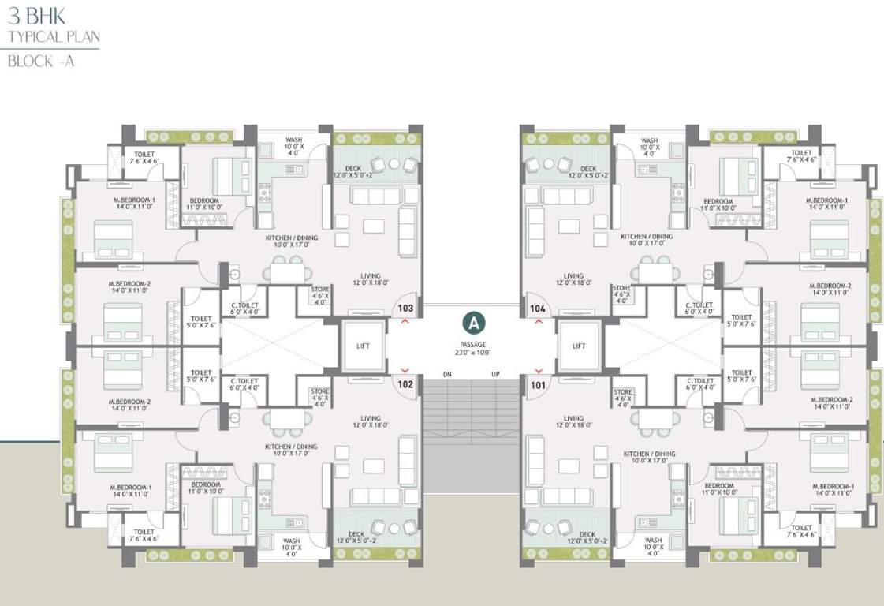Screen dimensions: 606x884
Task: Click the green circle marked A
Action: (472, 322)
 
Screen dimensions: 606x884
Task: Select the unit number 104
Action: (538, 308)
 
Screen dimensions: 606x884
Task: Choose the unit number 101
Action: (538, 385)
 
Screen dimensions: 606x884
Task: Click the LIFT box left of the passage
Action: (363, 346)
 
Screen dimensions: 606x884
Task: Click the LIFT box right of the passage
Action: (580, 346)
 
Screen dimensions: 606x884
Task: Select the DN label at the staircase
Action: (447, 374)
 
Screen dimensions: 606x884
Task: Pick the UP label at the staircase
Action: (495, 374)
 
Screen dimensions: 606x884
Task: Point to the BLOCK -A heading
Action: (40, 62)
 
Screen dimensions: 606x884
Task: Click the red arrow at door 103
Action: (405, 322)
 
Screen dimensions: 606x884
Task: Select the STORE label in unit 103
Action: (320, 290)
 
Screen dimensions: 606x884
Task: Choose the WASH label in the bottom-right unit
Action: (652, 541)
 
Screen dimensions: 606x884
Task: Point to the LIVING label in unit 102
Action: (371, 418)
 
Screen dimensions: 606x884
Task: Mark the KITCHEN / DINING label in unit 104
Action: (647, 237)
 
